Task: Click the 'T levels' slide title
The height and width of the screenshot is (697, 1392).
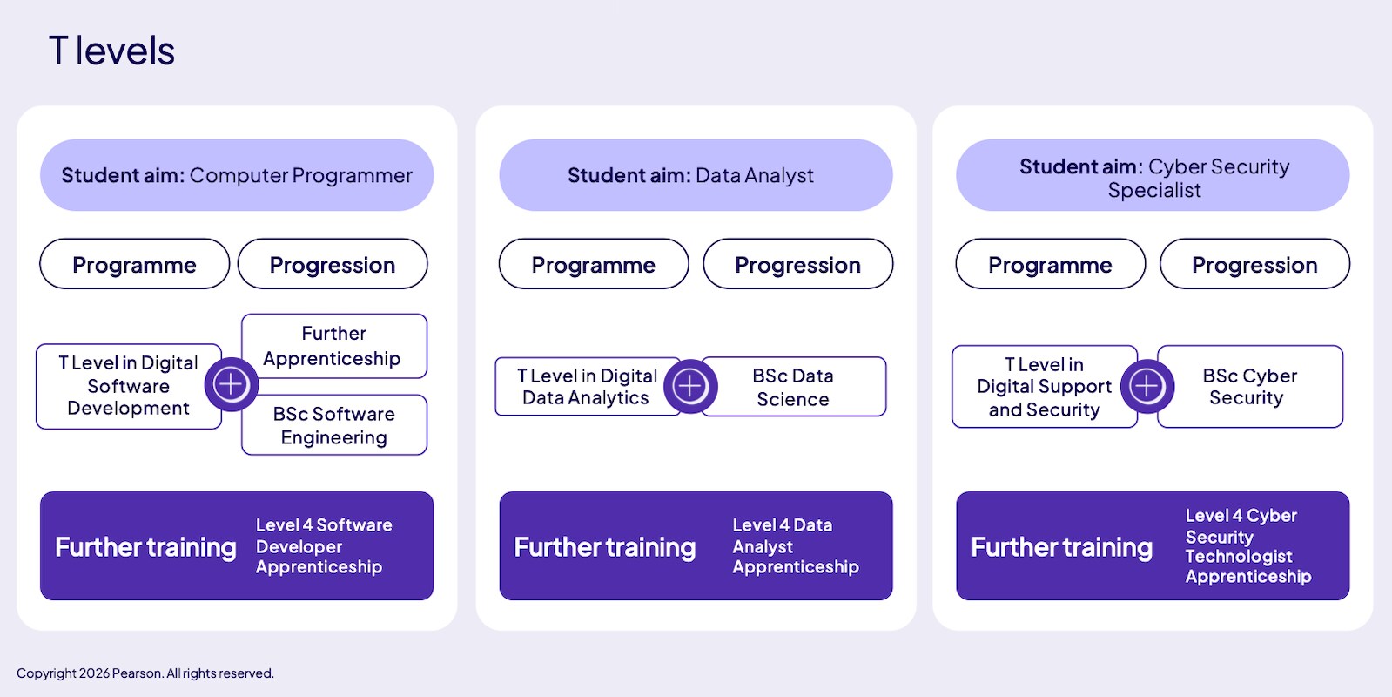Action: pyautogui.click(x=111, y=51)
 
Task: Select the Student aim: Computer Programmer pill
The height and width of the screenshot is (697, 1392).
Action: pyautogui.click(x=237, y=175)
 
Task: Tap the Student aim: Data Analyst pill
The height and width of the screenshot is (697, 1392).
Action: pyautogui.click(x=696, y=175)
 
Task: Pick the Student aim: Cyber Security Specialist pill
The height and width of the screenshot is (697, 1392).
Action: pyautogui.click(x=1153, y=175)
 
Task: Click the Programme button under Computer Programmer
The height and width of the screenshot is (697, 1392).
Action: pyautogui.click(x=134, y=264)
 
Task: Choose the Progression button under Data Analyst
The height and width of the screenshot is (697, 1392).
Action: pyautogui.click(x=798, y=264)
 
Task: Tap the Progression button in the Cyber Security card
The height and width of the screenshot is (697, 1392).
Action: pyautogui.click(x=1254, y=264)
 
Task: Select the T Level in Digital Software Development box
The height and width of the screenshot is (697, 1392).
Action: pyautogui.click(x=129, y=386)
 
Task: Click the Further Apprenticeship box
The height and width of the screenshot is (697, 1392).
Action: pyautogui.click(x=334, y=346)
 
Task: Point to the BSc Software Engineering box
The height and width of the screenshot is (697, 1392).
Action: pyautogui.click(x=334, y=425)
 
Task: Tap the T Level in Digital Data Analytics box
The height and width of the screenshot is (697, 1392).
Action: pyautogui.click(x=588, y=386)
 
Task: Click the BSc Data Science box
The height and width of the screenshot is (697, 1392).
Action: pyautogui.click(x=793, y=386)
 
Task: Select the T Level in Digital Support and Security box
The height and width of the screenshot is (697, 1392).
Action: pyautogui.click(x=1044, y=386)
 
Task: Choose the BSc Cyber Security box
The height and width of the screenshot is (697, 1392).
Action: pyautogui.click(x=1250, y=386)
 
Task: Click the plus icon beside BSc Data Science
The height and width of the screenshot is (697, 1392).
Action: pyautogui.click(x=690, y=386)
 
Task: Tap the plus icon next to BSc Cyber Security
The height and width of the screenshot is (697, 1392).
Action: pyautogui.click(x=1147, y=386)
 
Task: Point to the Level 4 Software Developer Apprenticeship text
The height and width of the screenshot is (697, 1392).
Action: pyautogui.click(x=324, y=546)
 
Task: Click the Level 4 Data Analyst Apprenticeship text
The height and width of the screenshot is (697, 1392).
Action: pyautogui.click(x=796, y=546)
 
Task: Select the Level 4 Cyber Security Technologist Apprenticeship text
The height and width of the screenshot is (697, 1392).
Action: pyautogui.click(x=1247, y=546)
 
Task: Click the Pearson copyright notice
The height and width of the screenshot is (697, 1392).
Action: pyautogui.click(x=145, y=673)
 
